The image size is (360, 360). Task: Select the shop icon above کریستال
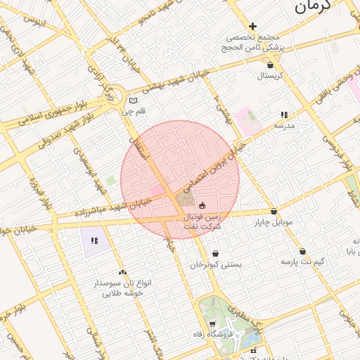[x=271, y=65]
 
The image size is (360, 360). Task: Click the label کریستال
[x=271, y=75]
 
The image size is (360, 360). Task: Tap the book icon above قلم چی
[x=134, y=101]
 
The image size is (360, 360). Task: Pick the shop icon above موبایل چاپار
[x=274, y=212]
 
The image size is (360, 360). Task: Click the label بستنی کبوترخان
[x=215, y=265]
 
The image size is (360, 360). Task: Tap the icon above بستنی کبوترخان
[x=214, y=254]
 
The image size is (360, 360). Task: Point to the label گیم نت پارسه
[x=303, y=262]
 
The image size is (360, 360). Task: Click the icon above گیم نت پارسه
[x=303, y=251]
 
